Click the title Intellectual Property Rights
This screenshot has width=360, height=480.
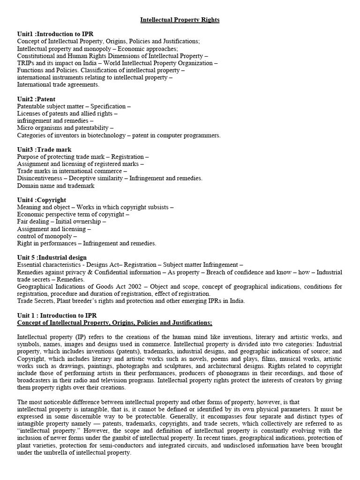(180, 20)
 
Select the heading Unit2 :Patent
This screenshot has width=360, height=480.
(36, 99)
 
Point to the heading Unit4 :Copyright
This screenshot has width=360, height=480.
(41, 200)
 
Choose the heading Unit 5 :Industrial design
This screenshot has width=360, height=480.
(52, 257)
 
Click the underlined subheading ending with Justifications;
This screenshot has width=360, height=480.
(114, 322)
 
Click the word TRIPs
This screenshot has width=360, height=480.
(26, 63)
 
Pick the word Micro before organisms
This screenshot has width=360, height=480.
(25, 128)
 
